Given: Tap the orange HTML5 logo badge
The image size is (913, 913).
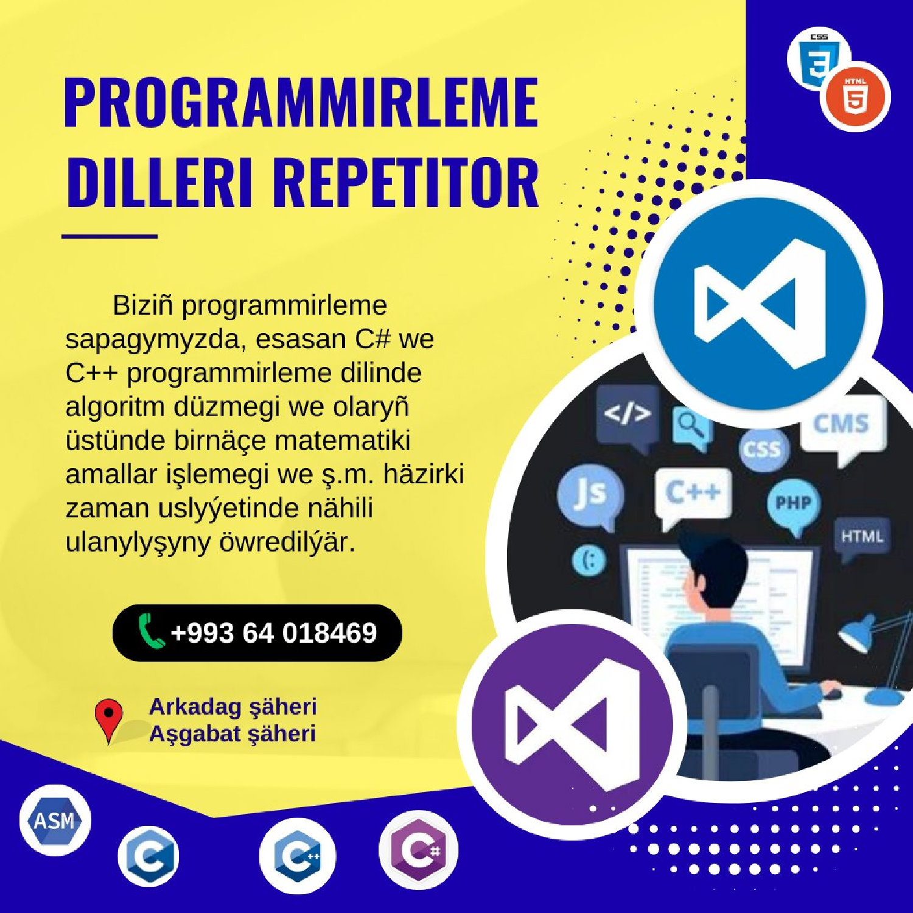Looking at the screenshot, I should coord(855,96).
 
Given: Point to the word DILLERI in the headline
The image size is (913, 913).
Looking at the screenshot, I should coord(159,182).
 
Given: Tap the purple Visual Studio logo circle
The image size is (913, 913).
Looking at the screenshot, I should coord(572,724).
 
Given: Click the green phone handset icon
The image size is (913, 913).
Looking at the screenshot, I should coord(150,631).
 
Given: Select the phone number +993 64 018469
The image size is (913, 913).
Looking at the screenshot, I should coord(274,633).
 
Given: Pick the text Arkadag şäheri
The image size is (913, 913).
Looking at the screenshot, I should coord(233,707).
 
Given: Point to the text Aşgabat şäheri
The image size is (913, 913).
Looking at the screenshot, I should coord(232,733).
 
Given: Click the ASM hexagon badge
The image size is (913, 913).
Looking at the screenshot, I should coord(55,820).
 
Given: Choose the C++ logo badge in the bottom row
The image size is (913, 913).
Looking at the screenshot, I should coord(297,855).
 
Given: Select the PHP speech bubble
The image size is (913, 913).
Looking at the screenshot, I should coord(793,502).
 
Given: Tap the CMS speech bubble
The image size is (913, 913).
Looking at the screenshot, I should coord(841,424).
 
